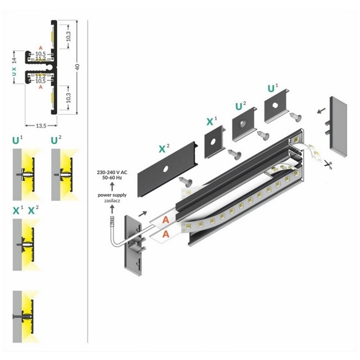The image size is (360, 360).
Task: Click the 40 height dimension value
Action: [x=77, y=66]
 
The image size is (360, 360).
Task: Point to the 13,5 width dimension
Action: [x=41, y=126]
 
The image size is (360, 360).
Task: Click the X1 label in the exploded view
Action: [x=212, y=121]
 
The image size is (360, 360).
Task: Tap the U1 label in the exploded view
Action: [x=273, y=89]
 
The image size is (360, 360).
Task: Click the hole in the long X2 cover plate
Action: [x=165, y=170]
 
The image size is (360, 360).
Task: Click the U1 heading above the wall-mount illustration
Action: [x=17, y=141]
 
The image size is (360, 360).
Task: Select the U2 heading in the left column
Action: [x=57, y=141]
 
